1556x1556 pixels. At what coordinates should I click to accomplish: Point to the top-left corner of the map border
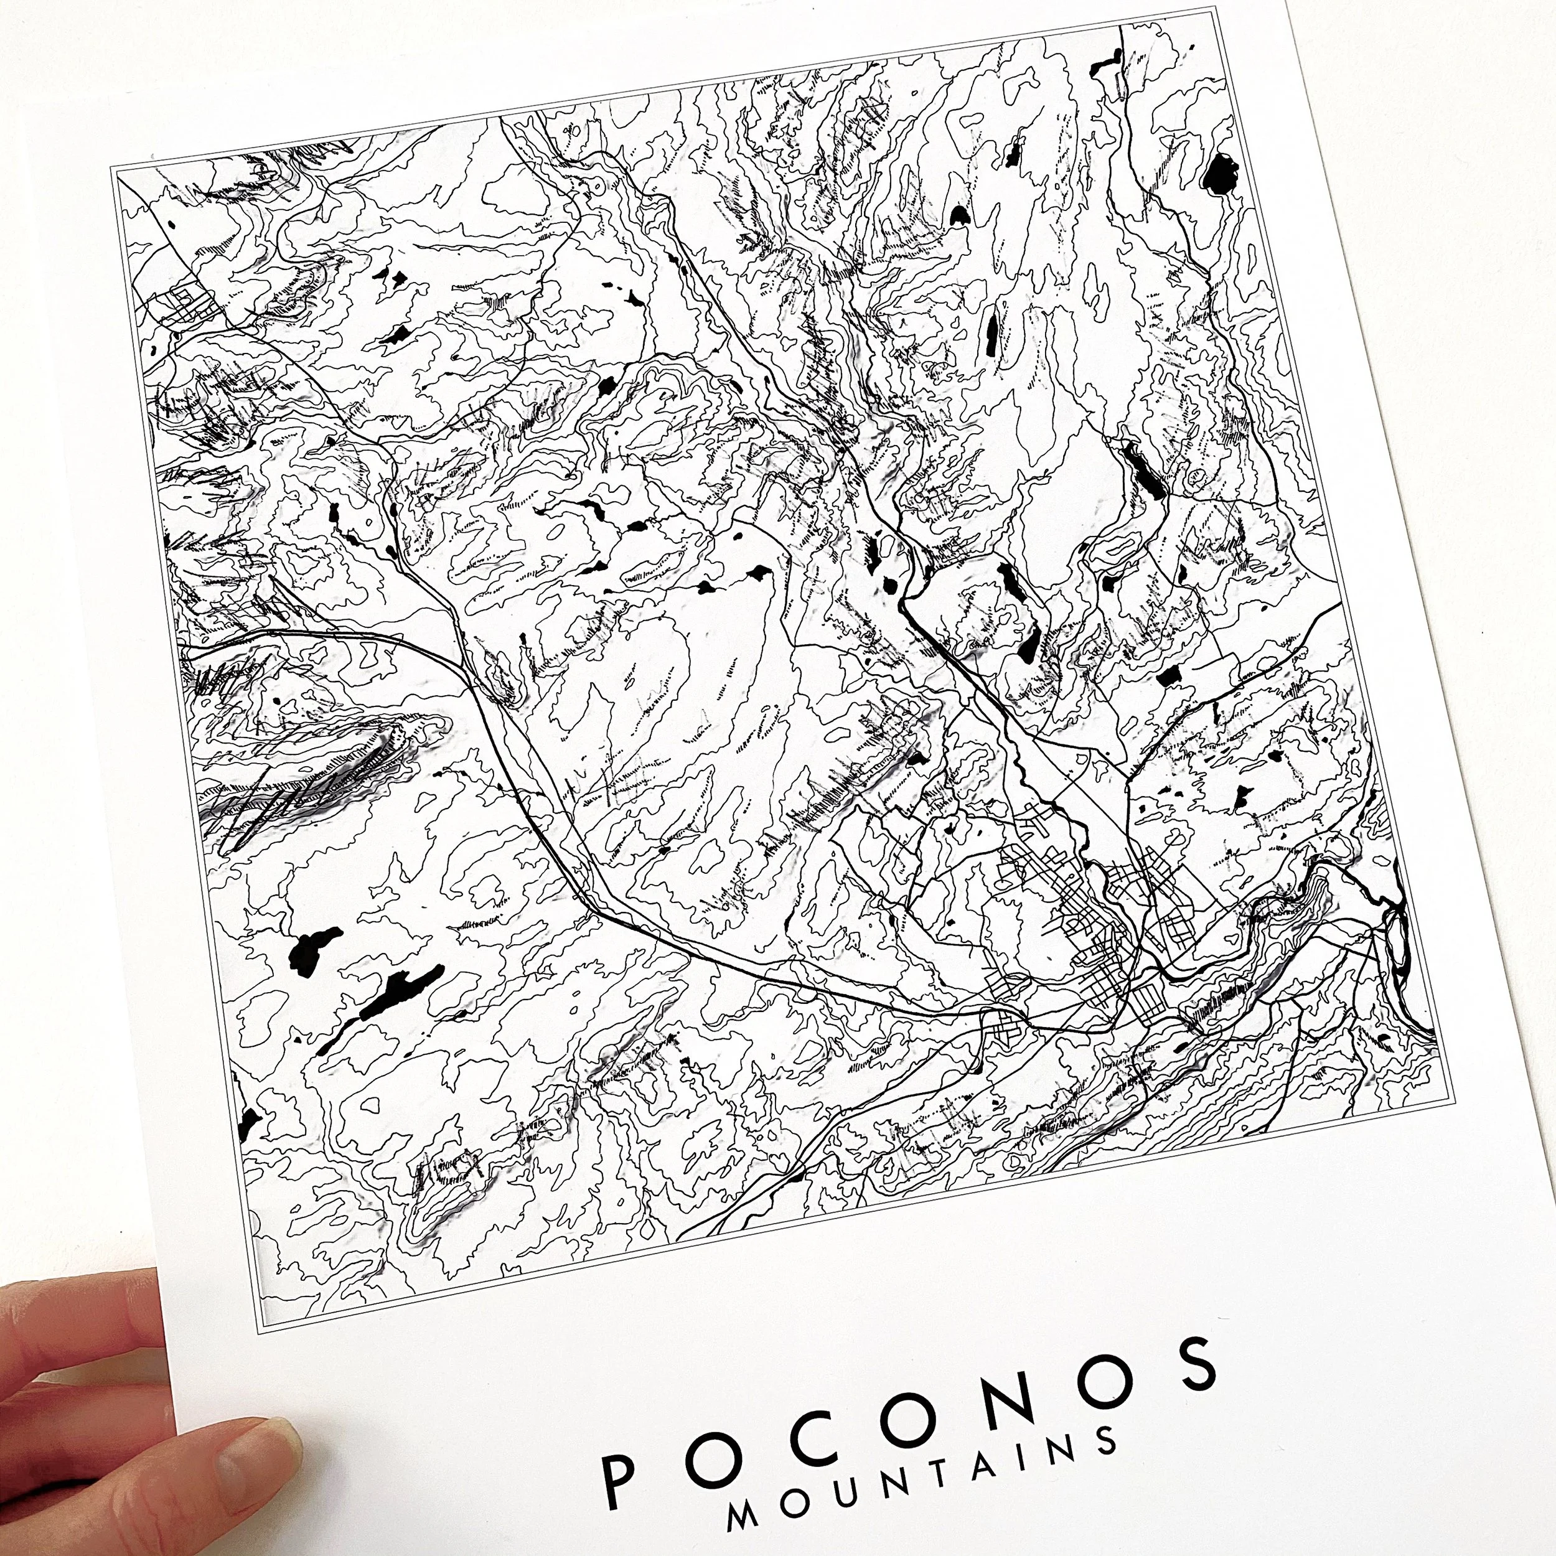tap(112, 166)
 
